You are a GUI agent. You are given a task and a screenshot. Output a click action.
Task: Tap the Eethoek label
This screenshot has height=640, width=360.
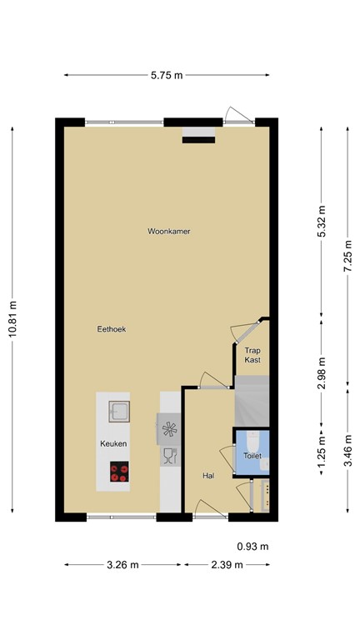[111, 329]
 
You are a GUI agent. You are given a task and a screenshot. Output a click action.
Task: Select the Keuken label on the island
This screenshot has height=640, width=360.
[113, 442]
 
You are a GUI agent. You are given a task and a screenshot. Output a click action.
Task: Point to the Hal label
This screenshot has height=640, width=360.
[208, 476]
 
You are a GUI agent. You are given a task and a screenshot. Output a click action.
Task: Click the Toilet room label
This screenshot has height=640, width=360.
[252, 457]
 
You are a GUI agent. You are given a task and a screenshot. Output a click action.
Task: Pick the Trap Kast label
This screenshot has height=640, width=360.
[252, 355]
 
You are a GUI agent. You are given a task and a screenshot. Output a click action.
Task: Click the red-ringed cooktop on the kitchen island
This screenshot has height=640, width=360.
[119, 472]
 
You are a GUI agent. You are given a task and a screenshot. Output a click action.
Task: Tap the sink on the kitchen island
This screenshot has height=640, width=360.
[119, 411]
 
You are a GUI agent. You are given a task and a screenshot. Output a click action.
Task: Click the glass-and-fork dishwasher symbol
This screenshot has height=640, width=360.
[169, 456]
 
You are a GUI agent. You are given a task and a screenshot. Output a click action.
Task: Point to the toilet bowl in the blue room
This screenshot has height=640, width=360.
[252, 441]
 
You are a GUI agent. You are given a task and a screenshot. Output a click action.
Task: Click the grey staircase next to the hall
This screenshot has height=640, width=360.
[252, 400]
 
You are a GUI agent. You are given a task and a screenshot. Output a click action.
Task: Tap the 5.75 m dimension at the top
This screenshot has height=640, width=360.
[167, 75]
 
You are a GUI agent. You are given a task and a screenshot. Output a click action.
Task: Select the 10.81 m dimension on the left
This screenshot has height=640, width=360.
[12, 318]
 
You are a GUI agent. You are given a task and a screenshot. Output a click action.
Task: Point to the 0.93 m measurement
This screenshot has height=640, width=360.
[252, 547]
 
